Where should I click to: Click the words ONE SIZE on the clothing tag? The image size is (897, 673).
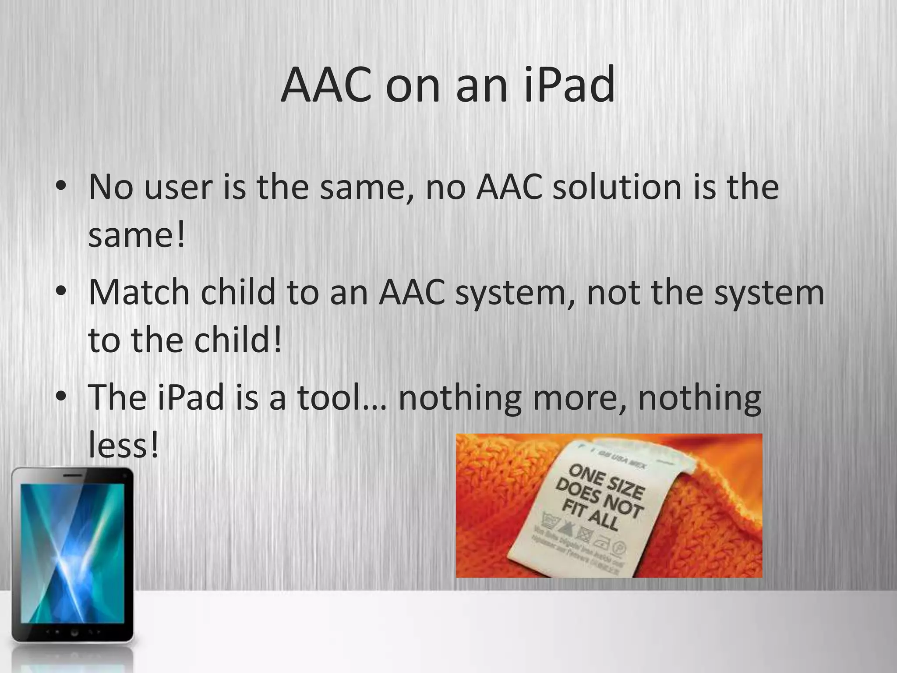[607, 482]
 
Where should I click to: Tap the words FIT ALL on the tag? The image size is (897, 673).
[590, 515]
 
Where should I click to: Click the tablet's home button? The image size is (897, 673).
[74, 632]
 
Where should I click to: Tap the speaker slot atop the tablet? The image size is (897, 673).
[72, 475]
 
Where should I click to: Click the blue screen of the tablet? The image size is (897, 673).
[72, 552]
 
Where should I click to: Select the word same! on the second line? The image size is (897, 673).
[137, 235]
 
